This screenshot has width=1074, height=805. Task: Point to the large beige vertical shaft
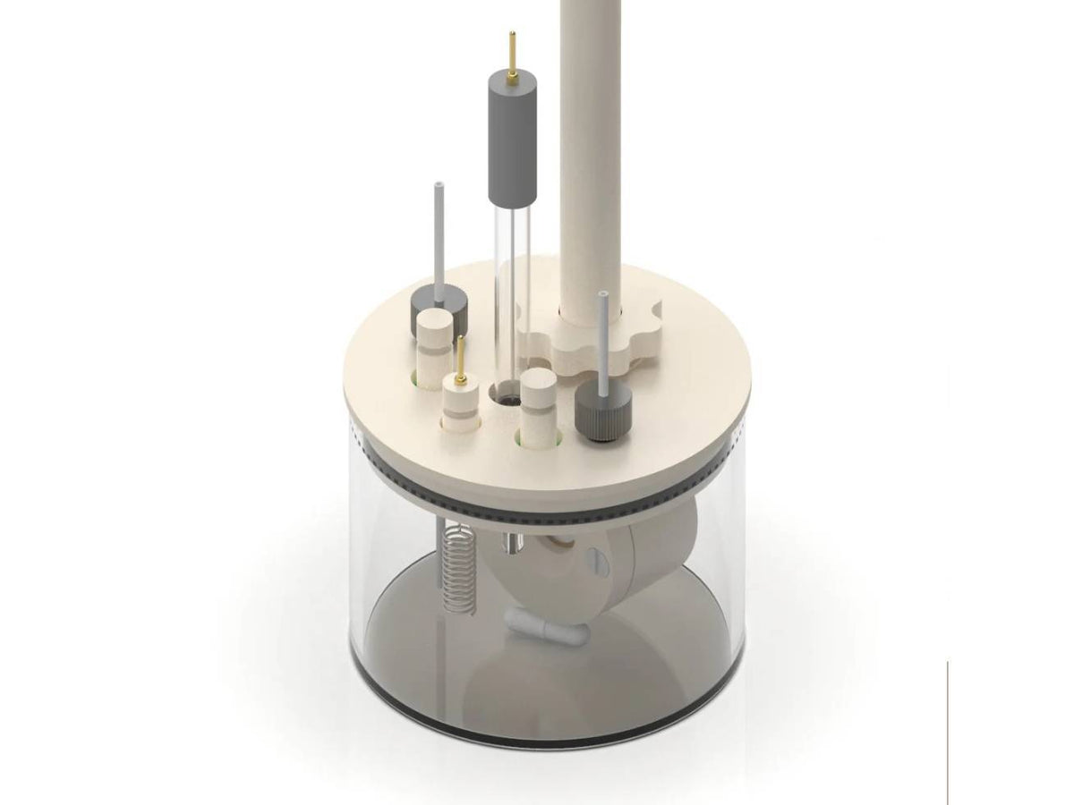590,152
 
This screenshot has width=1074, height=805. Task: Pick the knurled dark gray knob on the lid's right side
601,413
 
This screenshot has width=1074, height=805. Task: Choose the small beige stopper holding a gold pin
461,402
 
